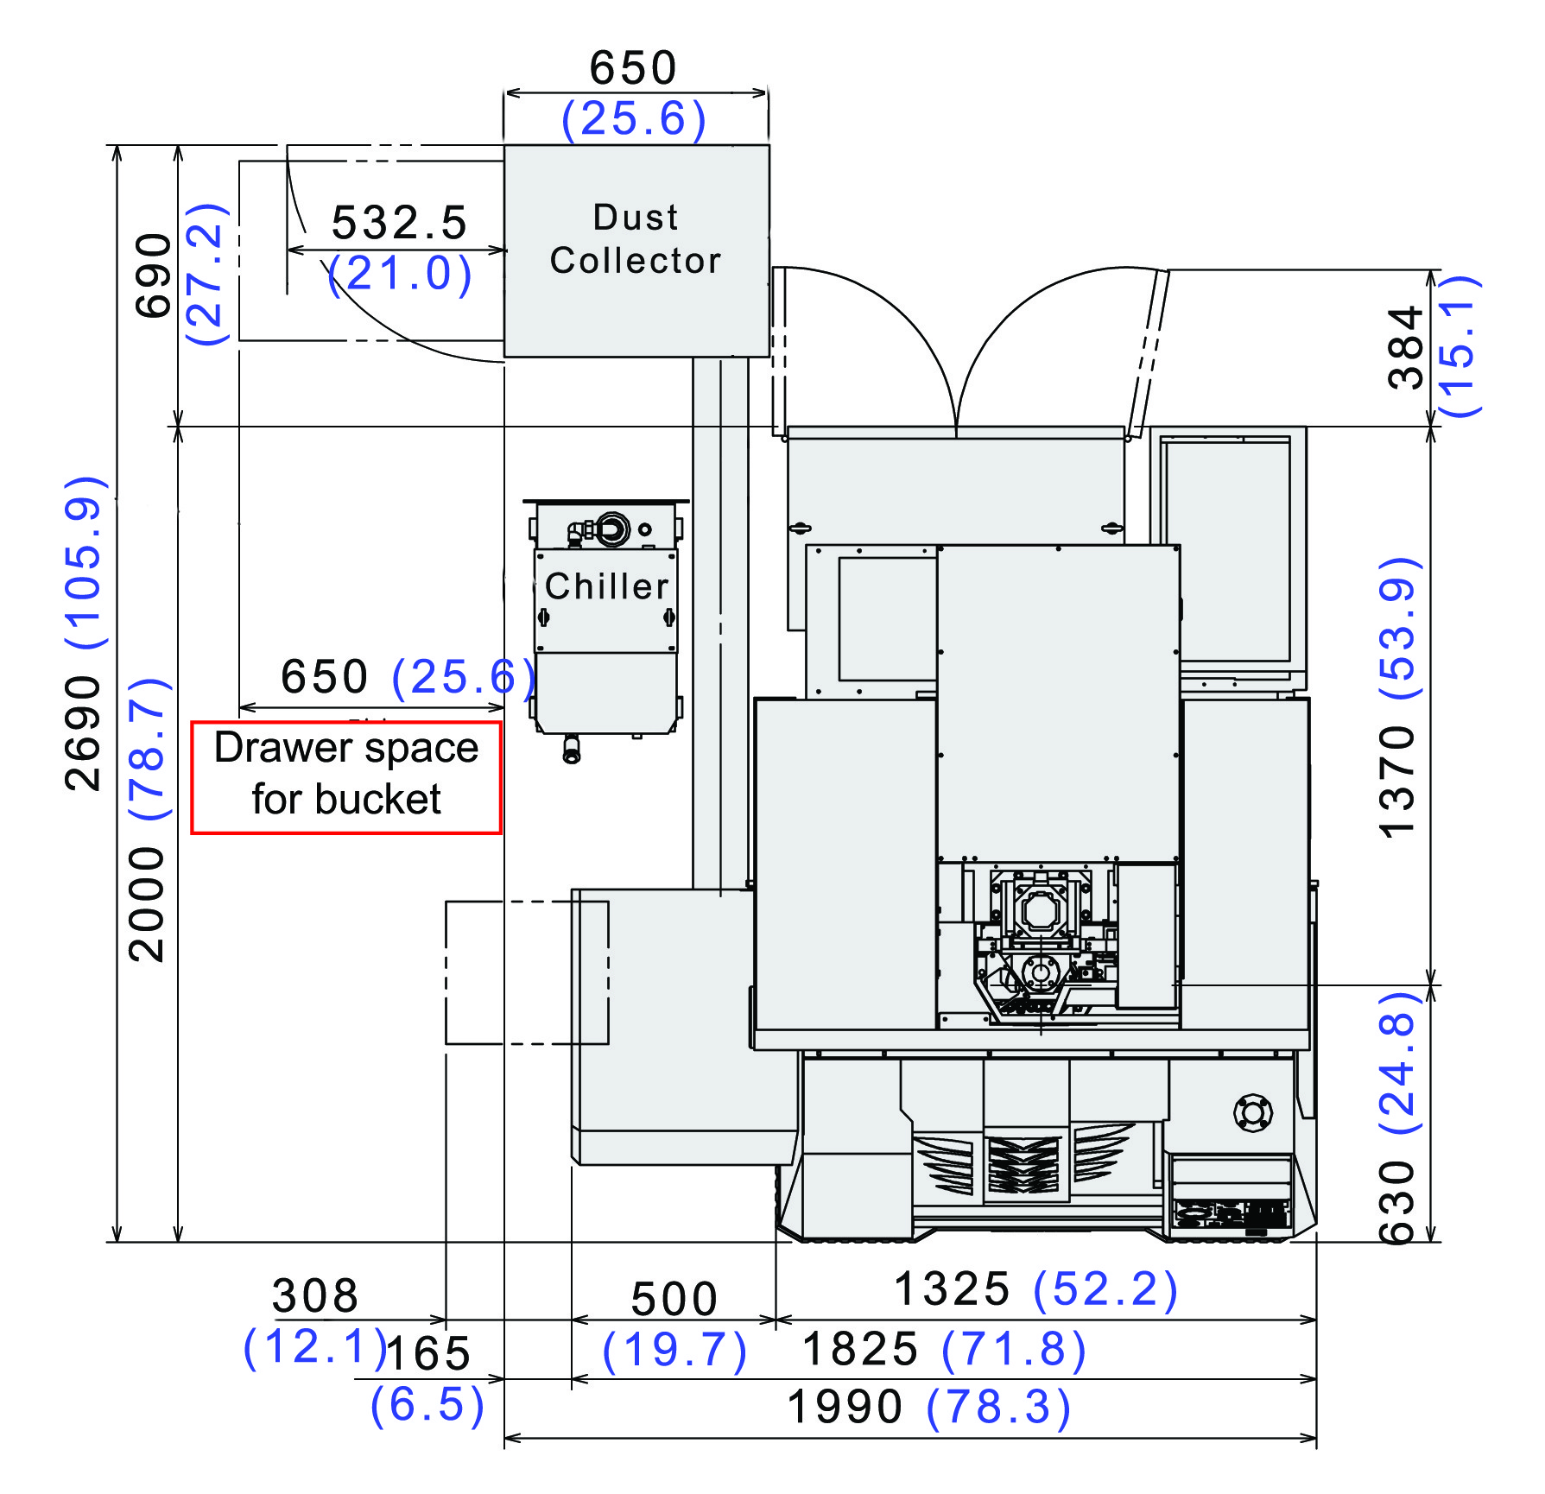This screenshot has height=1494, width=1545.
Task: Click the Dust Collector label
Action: (636, 239)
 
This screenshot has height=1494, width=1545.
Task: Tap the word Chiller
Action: (607, 586)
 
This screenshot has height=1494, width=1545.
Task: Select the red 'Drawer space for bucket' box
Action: (345, 778)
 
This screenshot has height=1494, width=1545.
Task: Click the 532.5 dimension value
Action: (399, 223)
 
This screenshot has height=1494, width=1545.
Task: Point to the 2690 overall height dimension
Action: (83, 733)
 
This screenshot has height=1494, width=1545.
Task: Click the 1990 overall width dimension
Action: (845, 1407)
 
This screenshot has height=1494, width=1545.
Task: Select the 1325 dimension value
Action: (952, 1289)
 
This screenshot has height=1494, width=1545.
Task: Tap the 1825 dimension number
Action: (860, 1349)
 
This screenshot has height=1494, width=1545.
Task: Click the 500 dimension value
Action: (674, 1300)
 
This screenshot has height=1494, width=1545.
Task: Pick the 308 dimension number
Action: (315, 1296)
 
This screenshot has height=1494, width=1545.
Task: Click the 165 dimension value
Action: (428, 1353)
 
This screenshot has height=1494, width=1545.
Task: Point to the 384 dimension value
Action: (1404, 347)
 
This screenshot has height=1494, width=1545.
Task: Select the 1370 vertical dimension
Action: (1396, 782)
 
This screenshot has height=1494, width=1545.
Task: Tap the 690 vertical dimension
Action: (154, 275)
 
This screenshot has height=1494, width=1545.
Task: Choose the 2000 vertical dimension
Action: (146, 904)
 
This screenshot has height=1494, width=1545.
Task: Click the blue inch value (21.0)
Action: (401, 275)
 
